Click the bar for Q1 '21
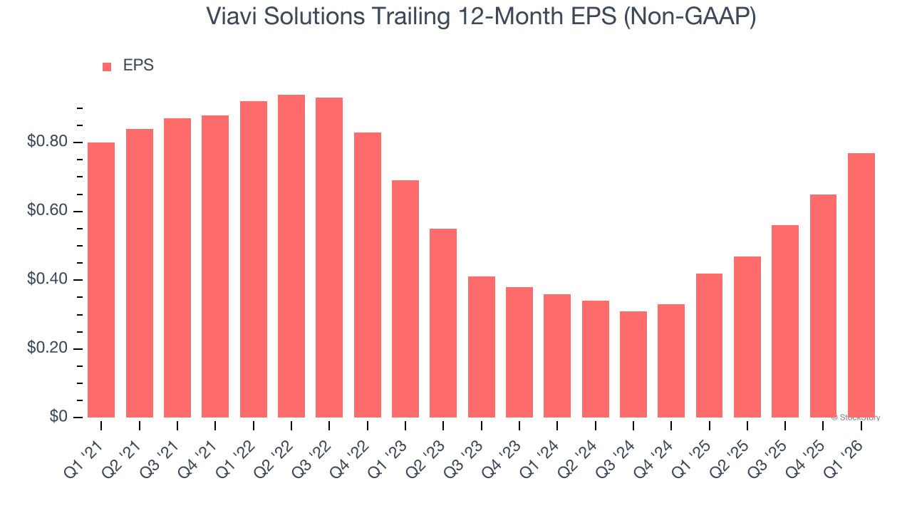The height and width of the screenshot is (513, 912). [x=101, y=280]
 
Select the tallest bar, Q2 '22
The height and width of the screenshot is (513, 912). [x=291, y=256]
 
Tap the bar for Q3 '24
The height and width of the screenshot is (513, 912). [x=633, y=364]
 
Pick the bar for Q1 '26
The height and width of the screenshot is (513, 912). [x=861, y=285]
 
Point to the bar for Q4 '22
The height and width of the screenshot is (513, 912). [x=367, y=275]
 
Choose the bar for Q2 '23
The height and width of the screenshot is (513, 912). [x=443, y=323]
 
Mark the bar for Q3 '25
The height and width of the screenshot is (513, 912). [x=785, y=321]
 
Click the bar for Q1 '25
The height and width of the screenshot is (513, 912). [x=709, y=346]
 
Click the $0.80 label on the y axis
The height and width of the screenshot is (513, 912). [x=48, y=142]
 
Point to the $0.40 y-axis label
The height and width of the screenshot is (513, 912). [x=48, y=280]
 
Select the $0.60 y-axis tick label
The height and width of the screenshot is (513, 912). [x=48, y=212]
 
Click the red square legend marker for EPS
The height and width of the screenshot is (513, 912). [x=107, y=66]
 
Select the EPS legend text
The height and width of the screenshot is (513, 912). [x=138, y=66]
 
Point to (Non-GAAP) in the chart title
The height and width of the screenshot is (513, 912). [x=690, y=16]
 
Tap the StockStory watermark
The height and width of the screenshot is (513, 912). [x=856, y=418]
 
